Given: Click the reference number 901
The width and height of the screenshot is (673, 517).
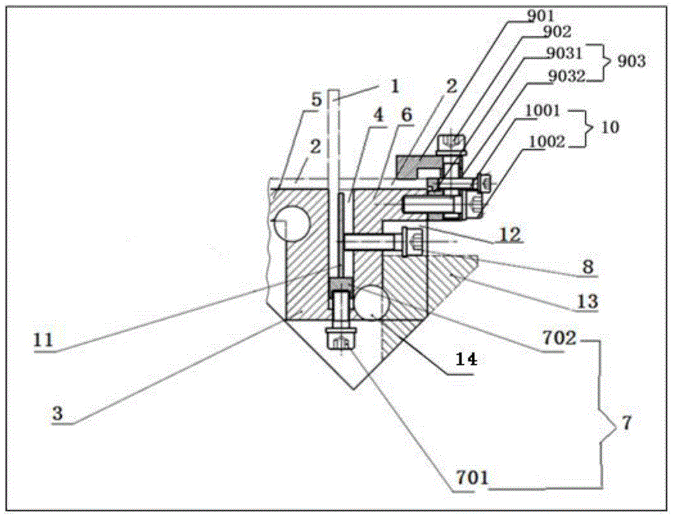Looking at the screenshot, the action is coord(540,16).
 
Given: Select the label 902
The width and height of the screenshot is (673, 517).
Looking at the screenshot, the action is coord(557,32).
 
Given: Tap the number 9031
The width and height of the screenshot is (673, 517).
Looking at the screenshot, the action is coord(564,53).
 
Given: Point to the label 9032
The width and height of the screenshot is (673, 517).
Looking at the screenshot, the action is coord(567,76).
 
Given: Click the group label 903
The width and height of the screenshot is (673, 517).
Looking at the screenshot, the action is coord(631,61).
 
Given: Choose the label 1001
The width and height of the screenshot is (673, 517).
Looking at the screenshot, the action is coord(543,111).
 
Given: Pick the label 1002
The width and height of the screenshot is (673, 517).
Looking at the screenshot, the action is coord(546,141).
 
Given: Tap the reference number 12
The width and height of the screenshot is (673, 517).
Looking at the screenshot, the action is coord(511,234).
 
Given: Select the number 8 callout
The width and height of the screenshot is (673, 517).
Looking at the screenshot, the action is coord(588,267).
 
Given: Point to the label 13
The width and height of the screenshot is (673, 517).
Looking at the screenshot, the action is coord(588,301).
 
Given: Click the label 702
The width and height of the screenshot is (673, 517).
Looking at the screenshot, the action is coord(559,338).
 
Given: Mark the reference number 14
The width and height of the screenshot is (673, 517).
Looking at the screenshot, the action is coord(466,359).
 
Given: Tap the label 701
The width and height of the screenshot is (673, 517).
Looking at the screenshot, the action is coord(472,477).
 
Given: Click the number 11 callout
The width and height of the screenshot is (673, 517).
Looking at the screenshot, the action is coord(43,340).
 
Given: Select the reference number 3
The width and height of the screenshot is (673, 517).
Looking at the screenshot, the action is coord(57,413).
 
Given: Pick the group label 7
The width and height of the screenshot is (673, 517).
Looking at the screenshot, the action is coord(627,423).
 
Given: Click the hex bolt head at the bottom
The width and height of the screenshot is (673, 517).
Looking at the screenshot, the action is coord(340,339).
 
